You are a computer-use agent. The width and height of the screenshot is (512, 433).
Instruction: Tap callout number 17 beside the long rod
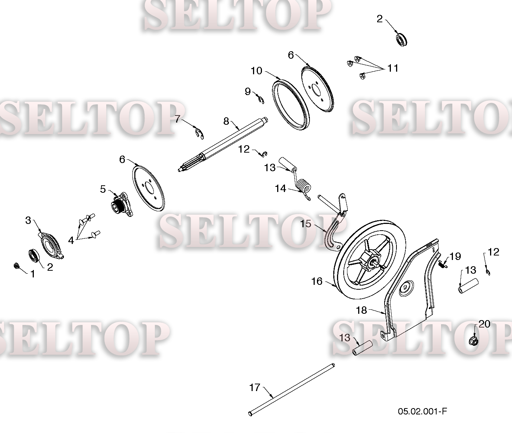click(255, 387)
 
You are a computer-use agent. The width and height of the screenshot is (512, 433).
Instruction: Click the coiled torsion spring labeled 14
click(304, 189)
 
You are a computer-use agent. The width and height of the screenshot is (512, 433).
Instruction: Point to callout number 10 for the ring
click(256, 71)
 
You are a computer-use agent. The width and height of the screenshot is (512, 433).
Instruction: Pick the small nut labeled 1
click(16, 266)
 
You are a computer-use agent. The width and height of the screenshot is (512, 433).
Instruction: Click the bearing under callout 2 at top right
click(401, 40)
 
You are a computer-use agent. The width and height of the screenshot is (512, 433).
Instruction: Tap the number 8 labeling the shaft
click(226, 121)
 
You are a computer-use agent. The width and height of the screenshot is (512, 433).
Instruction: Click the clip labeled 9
click(260, 100)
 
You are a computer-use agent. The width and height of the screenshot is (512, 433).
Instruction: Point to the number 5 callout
click(103, 189)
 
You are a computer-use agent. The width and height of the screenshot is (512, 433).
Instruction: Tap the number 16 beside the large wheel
click(317, 281)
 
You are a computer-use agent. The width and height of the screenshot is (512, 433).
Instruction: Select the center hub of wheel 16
click(373, 263)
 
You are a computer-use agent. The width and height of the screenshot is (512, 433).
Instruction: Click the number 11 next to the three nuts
click(393, 68)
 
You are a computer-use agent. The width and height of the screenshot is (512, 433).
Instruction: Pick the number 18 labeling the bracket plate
click(362, 310)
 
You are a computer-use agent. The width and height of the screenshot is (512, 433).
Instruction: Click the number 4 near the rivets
click(71, 240)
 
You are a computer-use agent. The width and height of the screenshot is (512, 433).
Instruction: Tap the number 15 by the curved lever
click(305, 224)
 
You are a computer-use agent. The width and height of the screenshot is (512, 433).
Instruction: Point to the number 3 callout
click(28, 220)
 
